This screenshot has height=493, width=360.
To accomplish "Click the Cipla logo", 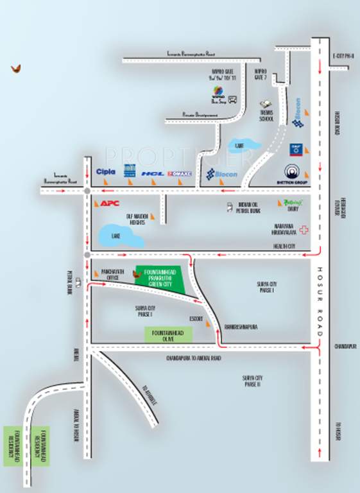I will [x=105, y=172].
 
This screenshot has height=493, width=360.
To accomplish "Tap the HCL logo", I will [x=153, y=173].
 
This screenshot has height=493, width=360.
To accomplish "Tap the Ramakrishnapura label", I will [x=241, y=326].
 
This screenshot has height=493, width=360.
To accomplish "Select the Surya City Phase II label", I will [x=251, y=380].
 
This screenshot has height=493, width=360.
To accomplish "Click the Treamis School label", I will [x=266, y=112].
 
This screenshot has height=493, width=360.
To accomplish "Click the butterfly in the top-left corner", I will [x=15, y=68].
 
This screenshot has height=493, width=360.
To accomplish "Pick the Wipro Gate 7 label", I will [x=260, y=73].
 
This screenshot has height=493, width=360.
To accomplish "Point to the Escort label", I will [x=196, y=319].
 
